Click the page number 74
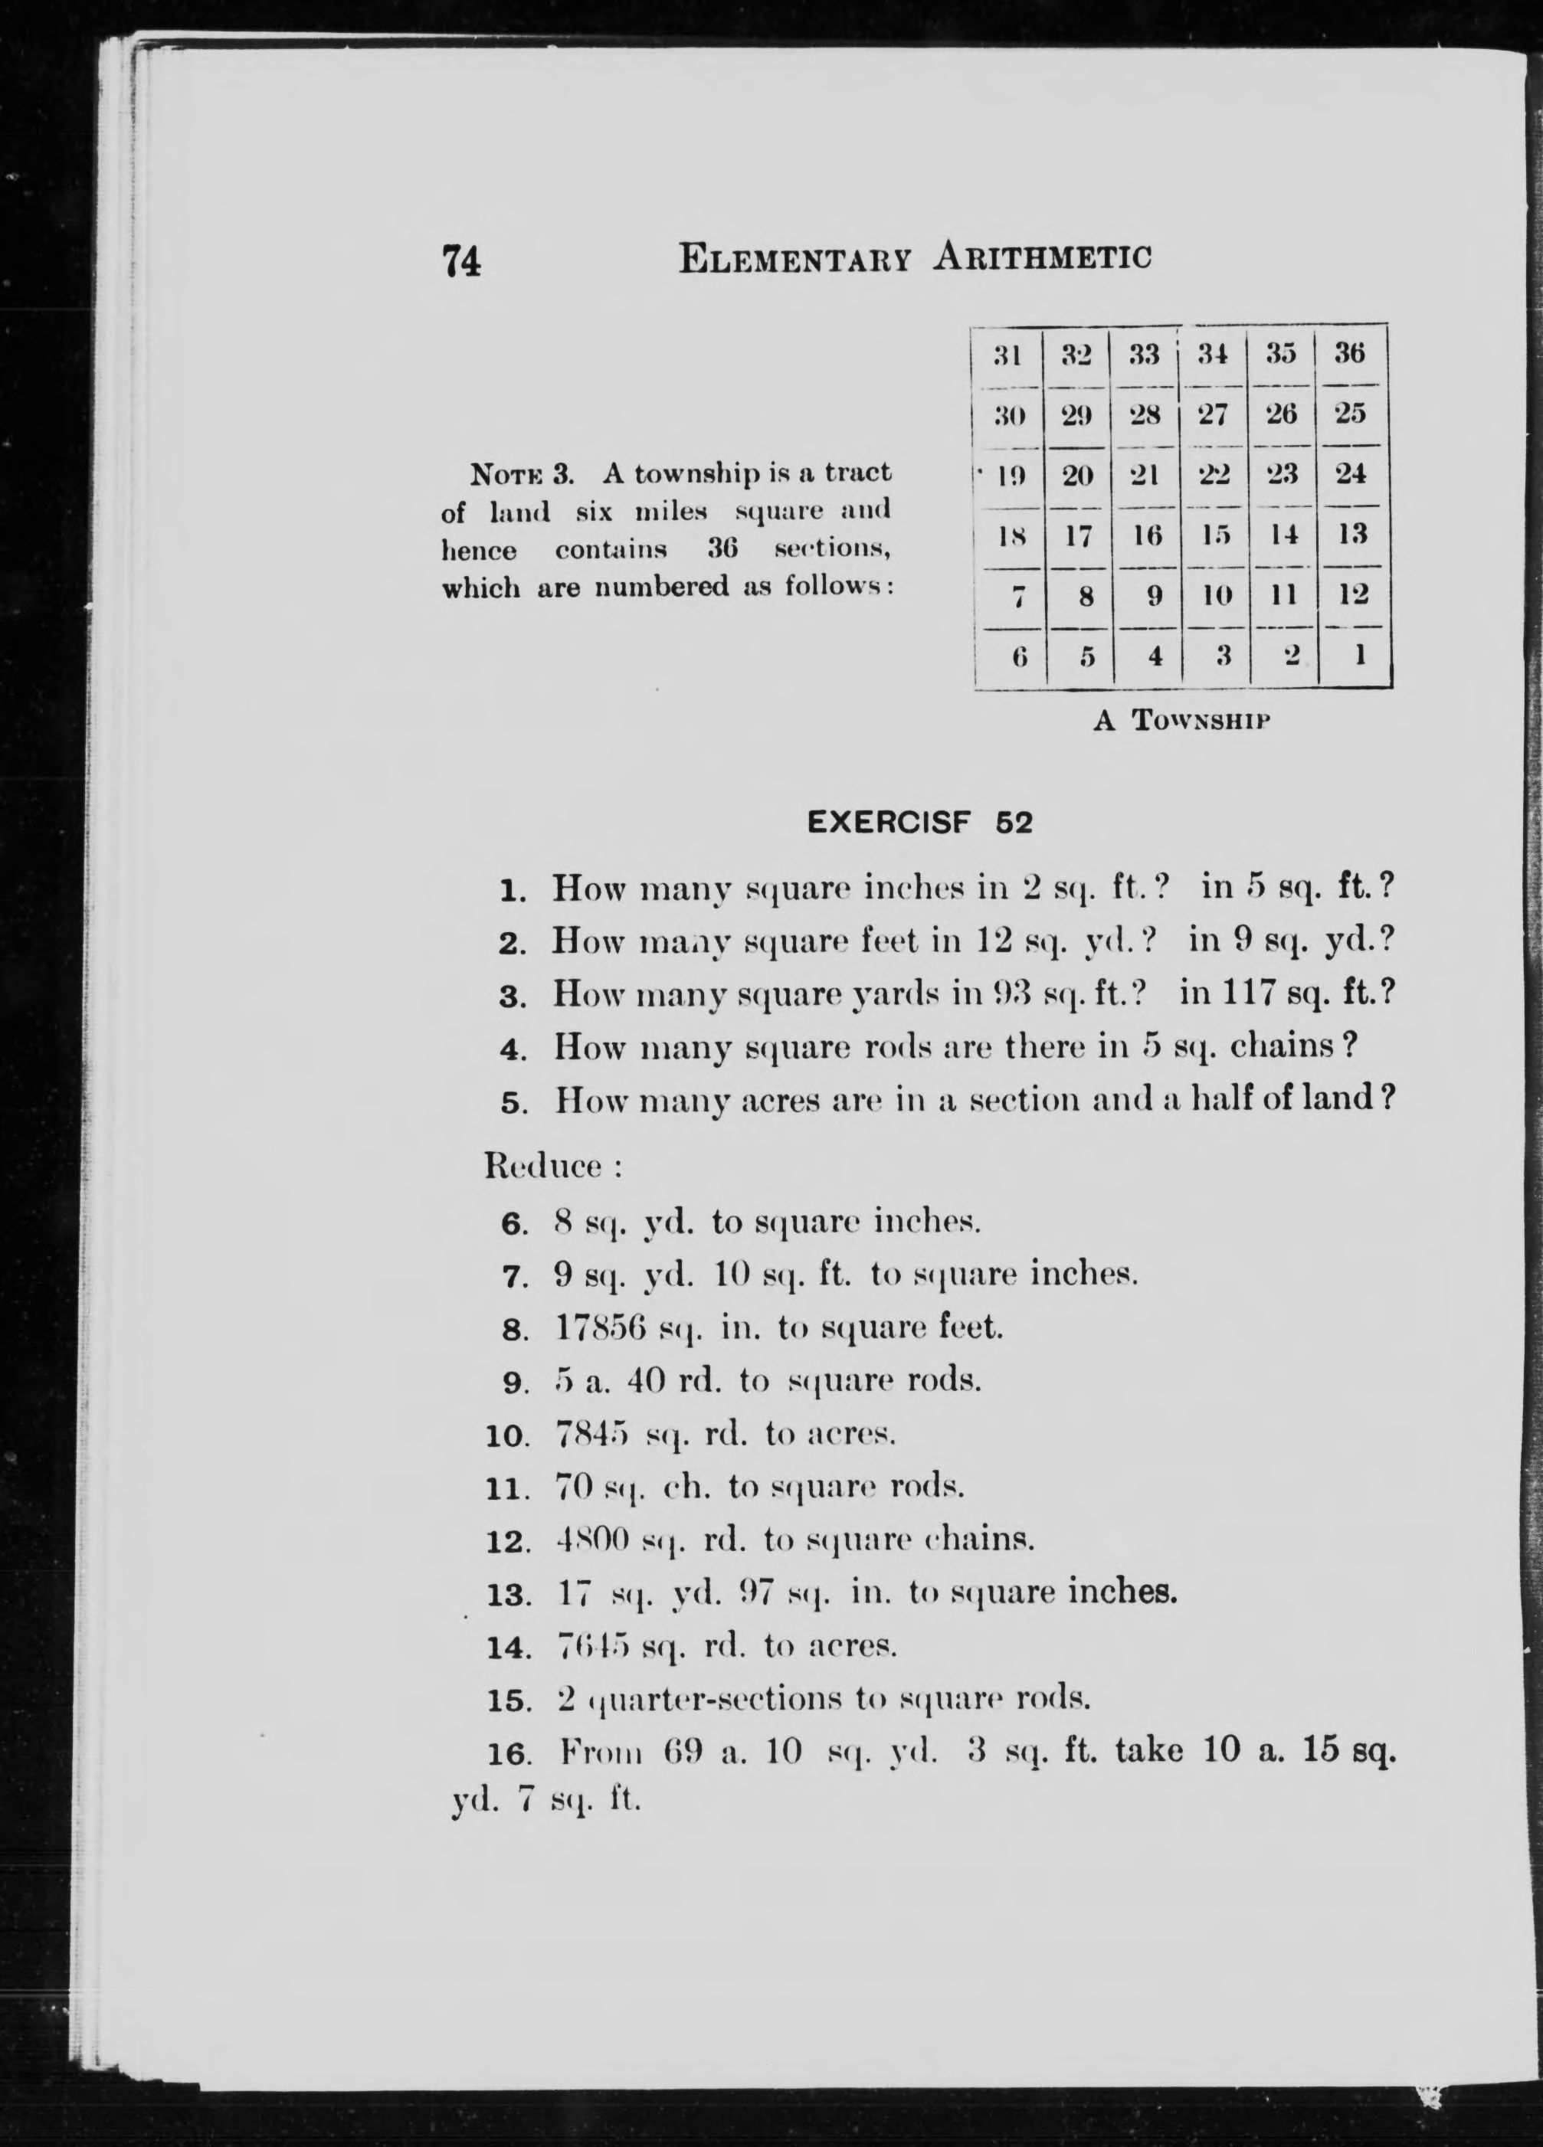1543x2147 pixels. (x=462, y=260)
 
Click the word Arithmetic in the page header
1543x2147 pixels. (x=1043, y=257)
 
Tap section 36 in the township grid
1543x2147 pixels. (x=1350, y=354)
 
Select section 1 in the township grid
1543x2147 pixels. (x=1358, y=654)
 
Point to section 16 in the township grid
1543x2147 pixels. (x=1148, y=535)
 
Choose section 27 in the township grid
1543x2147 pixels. (x=1213, y=414)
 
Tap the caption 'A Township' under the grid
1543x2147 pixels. (x=1181, y=722)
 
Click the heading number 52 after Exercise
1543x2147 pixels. (x=1014, y=823)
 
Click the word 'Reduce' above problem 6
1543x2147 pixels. (x=542, y=1167)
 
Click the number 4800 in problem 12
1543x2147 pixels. (x=591, y=1540)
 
